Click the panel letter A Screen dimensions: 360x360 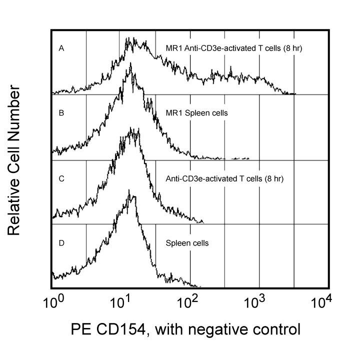click(61, 48)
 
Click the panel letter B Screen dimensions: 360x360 click(61, 113)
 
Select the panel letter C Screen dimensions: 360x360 click(61, 178)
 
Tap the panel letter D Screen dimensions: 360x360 click(61, 243)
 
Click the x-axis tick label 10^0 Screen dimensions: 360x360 click(52, 303)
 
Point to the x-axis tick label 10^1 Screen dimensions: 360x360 click(120, 303)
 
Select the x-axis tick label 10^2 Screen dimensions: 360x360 click(189, 303)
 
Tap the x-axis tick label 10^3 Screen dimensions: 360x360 click(258, 303)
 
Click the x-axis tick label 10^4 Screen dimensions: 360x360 click(327, 303)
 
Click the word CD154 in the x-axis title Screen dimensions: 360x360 click(117, 330)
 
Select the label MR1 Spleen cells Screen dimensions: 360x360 click(196, 113)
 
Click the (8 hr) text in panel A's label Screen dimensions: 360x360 click(293, 48)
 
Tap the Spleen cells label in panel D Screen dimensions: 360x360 click(186, 243)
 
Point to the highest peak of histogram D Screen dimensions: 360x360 click(129, 190)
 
